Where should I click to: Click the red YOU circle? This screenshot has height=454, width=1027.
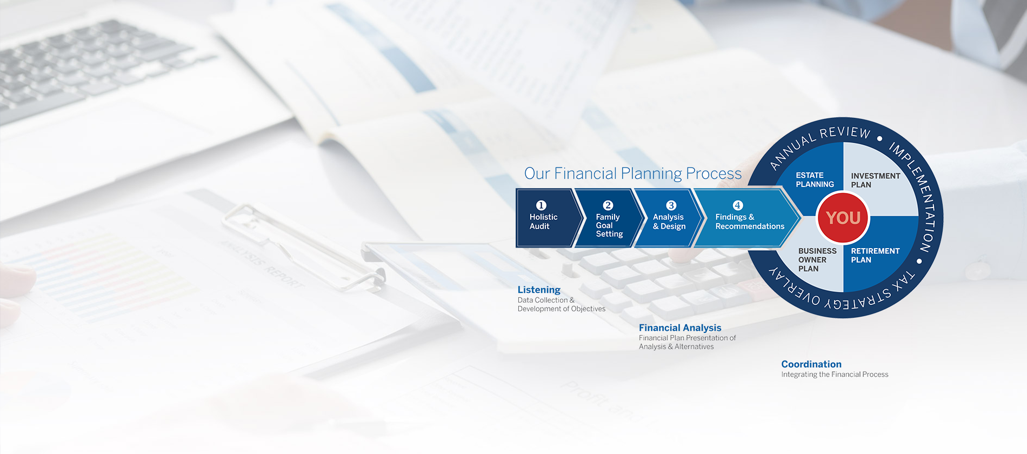click(843, 218)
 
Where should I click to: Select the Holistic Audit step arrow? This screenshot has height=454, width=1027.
click(547, 218)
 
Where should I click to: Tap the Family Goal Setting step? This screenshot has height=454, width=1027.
click(609, 218)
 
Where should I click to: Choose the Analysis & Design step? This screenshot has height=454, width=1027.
click(669, 218)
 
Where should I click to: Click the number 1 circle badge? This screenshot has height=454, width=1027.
click(541, 205)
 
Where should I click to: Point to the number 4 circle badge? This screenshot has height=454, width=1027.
click(738, 205)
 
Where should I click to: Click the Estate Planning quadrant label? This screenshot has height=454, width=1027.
click(815, 180)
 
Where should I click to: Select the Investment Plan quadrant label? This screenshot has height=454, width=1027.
click(876, 180)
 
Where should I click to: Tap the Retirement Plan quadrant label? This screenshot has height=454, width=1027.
click(875, 255)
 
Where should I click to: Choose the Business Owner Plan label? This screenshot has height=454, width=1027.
click(817, 260)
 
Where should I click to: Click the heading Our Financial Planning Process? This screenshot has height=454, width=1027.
click(633, 173)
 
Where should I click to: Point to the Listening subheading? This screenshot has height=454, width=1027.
click(539, 290)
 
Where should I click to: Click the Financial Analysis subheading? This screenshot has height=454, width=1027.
click(680, 328)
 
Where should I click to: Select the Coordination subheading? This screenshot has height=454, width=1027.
click(811, 364)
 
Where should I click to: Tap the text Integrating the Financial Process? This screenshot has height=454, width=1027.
click(835, 375)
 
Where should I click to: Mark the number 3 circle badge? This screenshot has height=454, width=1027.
click(671, 205)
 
